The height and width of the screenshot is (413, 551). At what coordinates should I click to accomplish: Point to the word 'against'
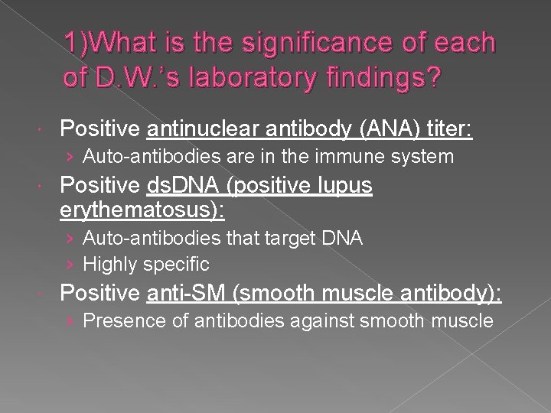click(305, 321)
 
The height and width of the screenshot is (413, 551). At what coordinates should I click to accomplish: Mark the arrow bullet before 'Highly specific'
click(70, 265)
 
